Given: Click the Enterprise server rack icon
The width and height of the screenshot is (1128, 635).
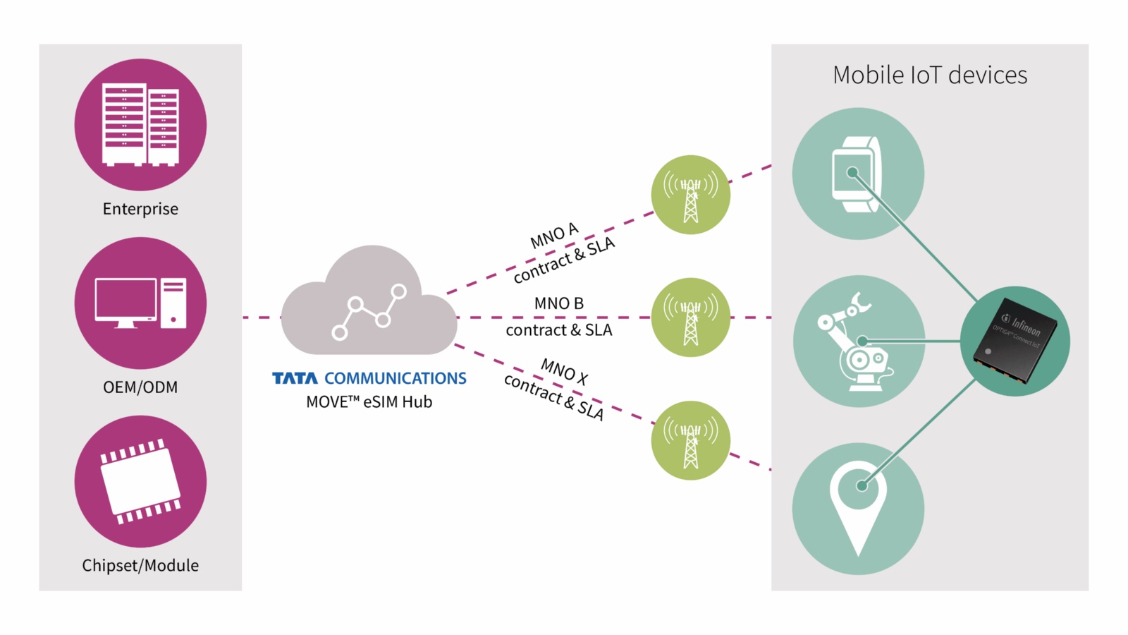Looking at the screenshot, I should click(x=140, y=125).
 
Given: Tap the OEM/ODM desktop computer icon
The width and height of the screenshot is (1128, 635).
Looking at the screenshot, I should click(x=140, y=303).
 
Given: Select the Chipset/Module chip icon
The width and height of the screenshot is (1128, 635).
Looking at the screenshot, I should click(x=140, y=481).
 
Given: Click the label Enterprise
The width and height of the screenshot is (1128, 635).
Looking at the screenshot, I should click(x=140, y=209).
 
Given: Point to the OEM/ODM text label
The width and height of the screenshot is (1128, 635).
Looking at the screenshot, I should click(x=140, y=387).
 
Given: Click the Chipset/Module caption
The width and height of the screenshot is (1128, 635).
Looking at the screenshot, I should click(x=140, y=565).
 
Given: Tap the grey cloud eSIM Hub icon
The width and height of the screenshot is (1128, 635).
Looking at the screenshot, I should click(x=369, y=303).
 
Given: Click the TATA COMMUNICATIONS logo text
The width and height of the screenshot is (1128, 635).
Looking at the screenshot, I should click(x=369, y=379).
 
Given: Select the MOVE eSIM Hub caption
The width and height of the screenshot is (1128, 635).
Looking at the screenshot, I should click(x=369, y=402).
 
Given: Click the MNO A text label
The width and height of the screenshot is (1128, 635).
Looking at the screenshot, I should click(x=554, y=236).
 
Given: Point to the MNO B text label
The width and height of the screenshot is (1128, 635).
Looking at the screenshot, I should click(x=558, y=303).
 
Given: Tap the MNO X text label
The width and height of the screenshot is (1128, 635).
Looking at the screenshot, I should click(x=564, y=370).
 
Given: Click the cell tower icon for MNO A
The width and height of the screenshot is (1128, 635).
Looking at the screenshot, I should click(x=691, y=195).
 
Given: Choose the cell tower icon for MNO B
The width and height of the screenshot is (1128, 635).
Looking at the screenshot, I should click(x=691, y=317).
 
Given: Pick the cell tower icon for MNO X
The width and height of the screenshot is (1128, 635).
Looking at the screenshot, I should click(x=691, y=441).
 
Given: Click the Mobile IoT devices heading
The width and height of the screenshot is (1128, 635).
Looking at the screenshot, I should click(x=930, y=75).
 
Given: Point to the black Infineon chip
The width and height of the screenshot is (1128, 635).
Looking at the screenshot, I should click(x=1015, y=341).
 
